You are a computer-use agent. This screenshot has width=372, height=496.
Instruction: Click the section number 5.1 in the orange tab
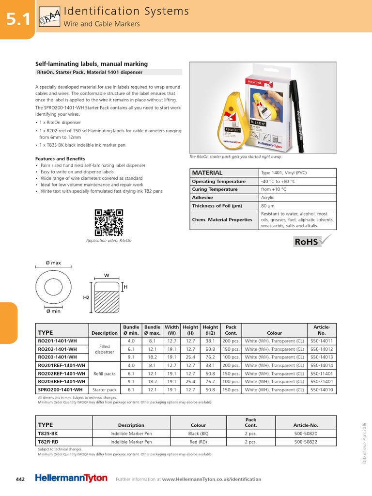click(18, 19)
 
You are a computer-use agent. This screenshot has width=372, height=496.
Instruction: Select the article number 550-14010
click(322, 389)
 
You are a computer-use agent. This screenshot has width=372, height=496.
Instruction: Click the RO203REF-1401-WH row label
click(62, 381)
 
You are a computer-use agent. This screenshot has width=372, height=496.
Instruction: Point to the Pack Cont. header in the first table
click(231, 330)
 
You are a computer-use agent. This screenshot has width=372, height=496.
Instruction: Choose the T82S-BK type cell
click(48, 434)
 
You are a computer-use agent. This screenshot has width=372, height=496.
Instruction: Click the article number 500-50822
click(306, 442)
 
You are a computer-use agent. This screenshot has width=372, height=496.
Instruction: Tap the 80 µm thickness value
click(268, 206)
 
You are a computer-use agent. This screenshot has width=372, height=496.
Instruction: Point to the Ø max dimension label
click(53, 263)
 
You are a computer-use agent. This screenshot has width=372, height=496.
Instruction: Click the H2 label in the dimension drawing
click(86, 298)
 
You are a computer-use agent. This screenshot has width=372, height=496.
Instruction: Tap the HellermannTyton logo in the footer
click(71, 478)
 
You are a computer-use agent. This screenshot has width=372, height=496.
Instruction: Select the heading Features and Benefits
click(60, 159)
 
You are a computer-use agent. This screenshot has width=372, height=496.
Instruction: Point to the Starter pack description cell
click(105, 389)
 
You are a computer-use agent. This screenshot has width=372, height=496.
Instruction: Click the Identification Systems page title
click(127, 11)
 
